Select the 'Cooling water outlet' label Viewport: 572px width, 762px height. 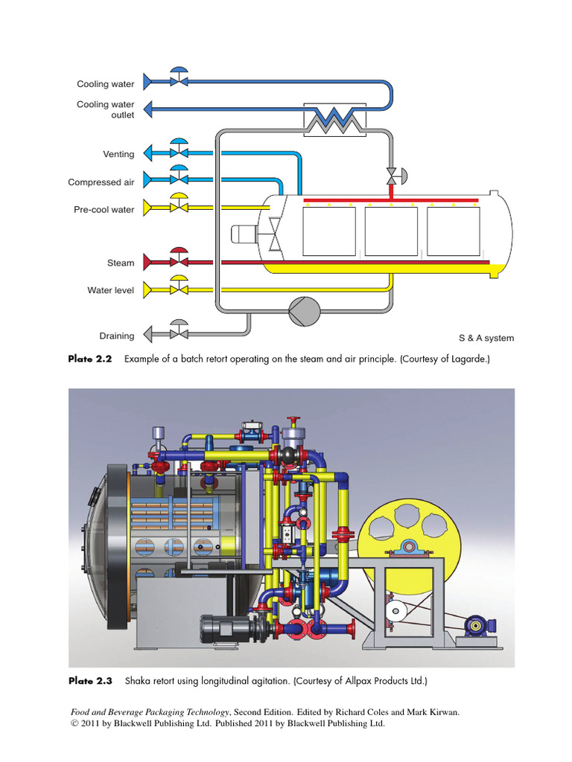tap(105, 110)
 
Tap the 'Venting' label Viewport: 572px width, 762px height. tap(118, 154)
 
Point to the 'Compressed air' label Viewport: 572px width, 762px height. tap(101, 182)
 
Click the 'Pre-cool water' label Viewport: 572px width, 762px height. tap(104, 210)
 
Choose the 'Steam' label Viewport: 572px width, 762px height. tap(121, 263)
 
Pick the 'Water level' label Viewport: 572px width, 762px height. tap(110, 290)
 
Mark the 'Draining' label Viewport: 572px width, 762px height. tap(117, 336)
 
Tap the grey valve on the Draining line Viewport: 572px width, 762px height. tap(179, 331)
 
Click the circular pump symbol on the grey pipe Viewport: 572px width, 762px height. tap(303, 309)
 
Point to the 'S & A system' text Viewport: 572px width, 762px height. tap(486, 338)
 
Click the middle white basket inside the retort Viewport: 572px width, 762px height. tap(390, 231)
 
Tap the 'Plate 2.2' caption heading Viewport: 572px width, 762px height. tap(89, 359)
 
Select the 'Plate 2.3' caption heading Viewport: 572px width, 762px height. tap(89, 680)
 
